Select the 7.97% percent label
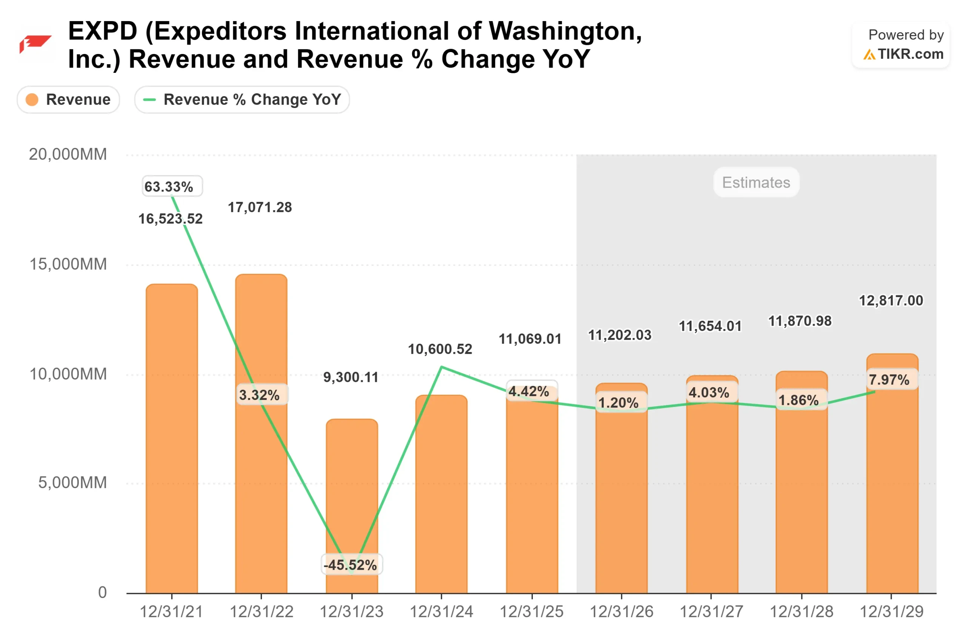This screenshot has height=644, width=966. coord(889,380)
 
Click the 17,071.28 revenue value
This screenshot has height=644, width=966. coord(260,207)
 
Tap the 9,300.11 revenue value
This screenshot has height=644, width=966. coord(351,377)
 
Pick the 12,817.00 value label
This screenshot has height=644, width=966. coord(891,301)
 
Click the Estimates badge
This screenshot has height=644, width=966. coord(756,182)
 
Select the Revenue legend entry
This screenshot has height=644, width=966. coord(69,99)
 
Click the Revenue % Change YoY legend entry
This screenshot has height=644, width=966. coord(242,99)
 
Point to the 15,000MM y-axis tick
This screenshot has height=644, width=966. coord(68,264)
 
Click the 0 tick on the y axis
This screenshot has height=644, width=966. coord(102,592)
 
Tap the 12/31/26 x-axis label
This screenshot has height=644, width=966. coord(621,612)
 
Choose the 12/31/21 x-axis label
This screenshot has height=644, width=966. coord(172,612)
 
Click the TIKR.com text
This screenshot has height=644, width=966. coord(910,54)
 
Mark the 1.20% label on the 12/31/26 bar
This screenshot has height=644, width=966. coord(618,403)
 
